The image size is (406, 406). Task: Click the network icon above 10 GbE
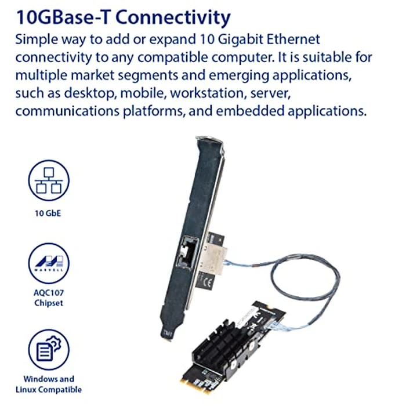pos(49,180)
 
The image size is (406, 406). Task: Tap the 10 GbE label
pos(48,213)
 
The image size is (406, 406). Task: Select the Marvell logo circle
pos(49,263)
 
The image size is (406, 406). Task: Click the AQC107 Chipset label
pos(49,299)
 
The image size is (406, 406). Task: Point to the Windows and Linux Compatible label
pos(49,384)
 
